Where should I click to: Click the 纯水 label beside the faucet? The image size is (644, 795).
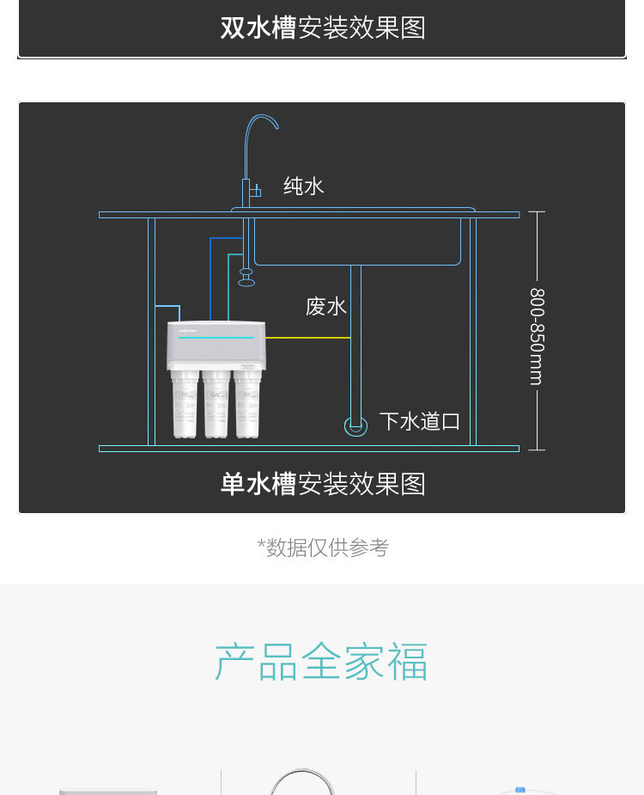click(304, 186)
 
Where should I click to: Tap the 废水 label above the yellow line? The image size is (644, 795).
click(326, 306)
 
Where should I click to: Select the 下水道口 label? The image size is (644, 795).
click(420, 421)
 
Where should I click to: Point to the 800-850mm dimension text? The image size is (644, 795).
click(538, 336)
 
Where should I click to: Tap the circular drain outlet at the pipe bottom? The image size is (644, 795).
click(355, 425)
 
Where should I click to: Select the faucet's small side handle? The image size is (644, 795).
click(256, 191)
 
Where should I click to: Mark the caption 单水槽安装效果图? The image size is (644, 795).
click(323, 484)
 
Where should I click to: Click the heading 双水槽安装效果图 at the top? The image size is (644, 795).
click(323, 28)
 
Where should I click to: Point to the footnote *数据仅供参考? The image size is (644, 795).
click(323, 547)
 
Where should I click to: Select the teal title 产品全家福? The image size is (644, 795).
click(321, 662)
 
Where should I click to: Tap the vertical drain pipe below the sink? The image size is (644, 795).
click(355, 344)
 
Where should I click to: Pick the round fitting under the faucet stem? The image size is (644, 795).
click(246, 277)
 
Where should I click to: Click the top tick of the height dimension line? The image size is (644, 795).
click(537, 211)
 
